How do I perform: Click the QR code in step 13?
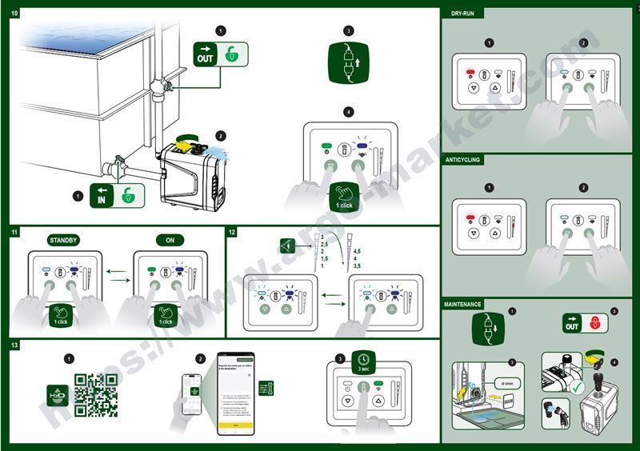coord(95,395)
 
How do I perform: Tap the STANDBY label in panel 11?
coord(63,240)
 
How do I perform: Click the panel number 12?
coord(232,233)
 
